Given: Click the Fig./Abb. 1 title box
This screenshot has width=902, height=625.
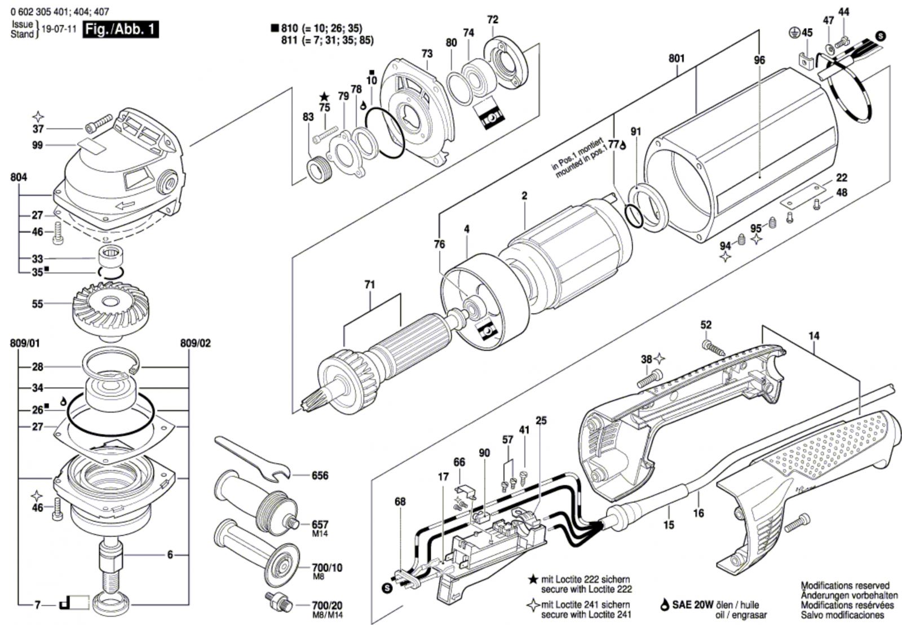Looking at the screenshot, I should click(x=121, y=29).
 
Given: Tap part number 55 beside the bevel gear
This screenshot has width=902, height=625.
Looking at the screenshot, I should click(x=37, y=304).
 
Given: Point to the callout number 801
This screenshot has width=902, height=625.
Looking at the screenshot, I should click(x=676, y=58).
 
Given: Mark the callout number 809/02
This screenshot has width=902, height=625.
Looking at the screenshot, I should click(x=196, y=343).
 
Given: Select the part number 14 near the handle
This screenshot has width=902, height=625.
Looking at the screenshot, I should click(x=813, y=336).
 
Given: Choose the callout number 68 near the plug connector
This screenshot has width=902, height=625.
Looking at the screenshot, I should click(x=400, y=501).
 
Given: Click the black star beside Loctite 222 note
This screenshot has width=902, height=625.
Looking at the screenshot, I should click(x=532, y=579).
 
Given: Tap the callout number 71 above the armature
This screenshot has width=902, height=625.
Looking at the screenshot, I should click(x=369, y=285).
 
